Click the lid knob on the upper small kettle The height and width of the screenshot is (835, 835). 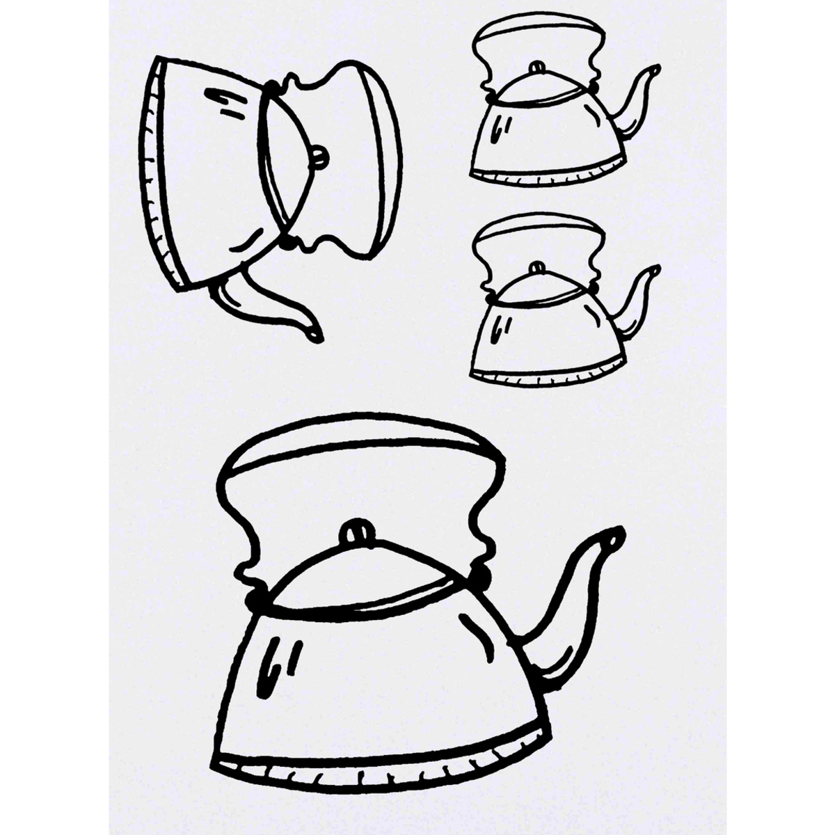coord(536,67)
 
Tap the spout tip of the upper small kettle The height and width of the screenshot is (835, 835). coord(655,69)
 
